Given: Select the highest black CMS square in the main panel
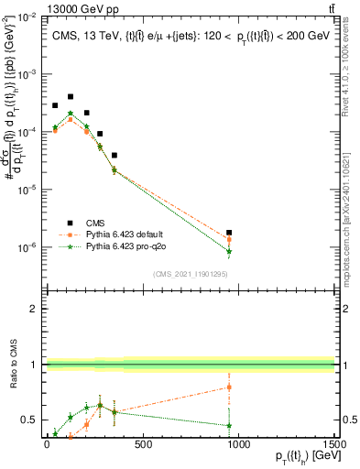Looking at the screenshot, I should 71,96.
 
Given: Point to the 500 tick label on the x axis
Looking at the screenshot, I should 142,445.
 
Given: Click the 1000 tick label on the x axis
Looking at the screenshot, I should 238,445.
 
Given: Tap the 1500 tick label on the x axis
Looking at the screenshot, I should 333,445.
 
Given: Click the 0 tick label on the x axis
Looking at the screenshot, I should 46,445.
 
